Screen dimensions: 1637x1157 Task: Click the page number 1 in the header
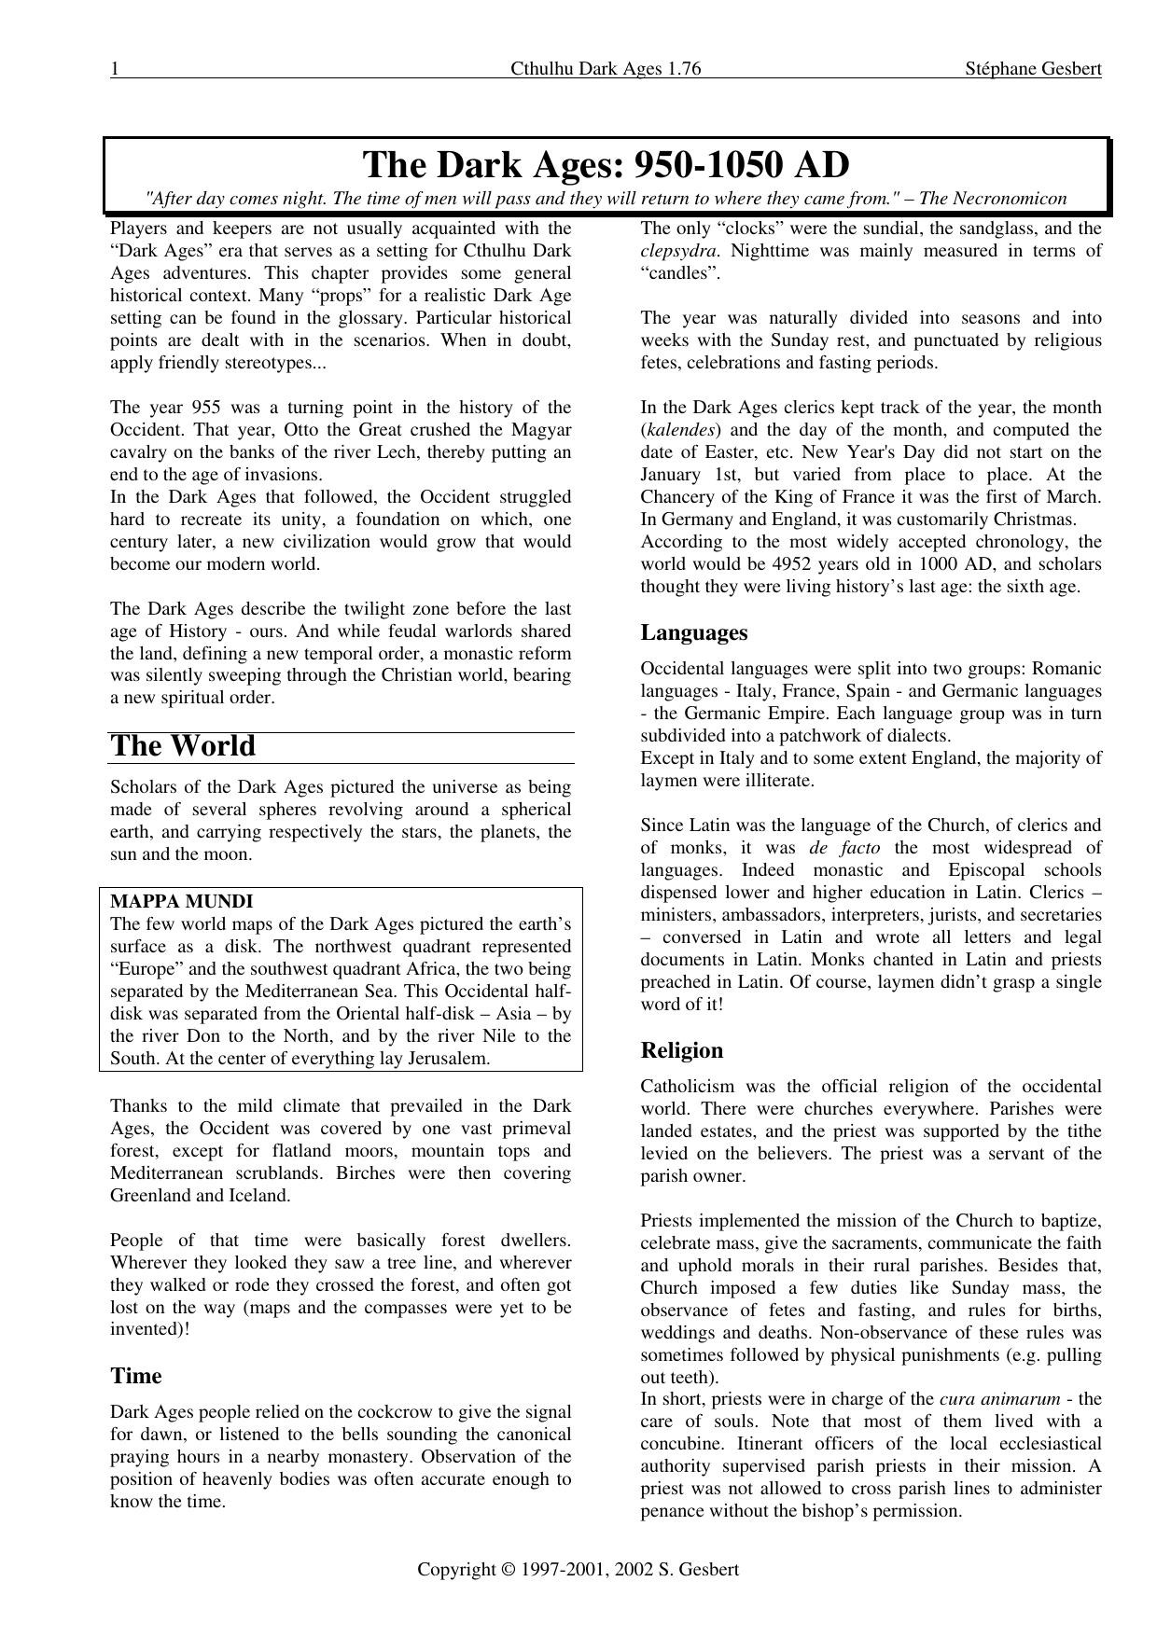coord(114,69)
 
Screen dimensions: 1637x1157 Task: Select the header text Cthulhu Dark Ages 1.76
coord(606,69)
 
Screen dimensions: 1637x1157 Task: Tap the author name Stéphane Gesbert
coord(1034,69)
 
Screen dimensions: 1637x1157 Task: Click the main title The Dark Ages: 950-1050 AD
coord(606,165)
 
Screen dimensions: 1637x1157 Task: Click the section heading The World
coord(183,746)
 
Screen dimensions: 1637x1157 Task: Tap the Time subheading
coord(136,1376)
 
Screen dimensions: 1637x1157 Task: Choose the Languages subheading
coord(694,632)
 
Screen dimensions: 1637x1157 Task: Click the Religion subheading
coord(682,1050)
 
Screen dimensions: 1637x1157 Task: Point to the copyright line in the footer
coord(578,1569)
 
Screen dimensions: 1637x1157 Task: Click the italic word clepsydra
coord(679,251)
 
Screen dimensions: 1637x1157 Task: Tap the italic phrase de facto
coord(844,848)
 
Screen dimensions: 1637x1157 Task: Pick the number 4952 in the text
coord(795,564)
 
